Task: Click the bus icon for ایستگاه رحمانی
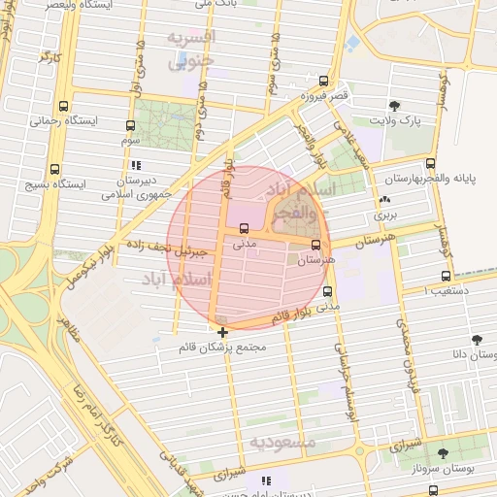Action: click(x=64, y=106)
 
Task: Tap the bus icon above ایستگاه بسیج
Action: click(x=53, y=167)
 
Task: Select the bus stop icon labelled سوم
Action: click(x=130, y=125)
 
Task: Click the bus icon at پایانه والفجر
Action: click(x=430, y=163)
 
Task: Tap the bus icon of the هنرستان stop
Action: click(x=315, y=245)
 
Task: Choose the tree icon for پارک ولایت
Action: click(x=394, y=106)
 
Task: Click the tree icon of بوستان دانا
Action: click(x=476, y=340)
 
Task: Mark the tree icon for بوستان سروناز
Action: click(x=443, y=453)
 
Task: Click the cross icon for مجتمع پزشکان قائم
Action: click(x=223, y=332)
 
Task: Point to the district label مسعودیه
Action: click(x=282, y=442)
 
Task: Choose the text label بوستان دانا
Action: click(x=474, y=356)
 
